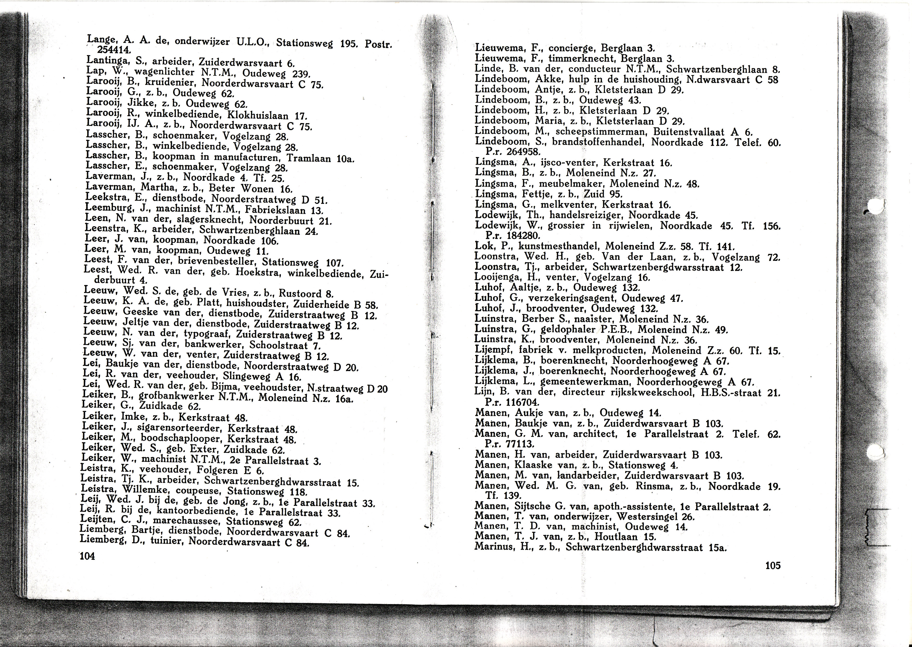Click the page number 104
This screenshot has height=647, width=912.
click(x=87, y=556)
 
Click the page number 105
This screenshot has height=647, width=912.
click(x=772, y=565)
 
